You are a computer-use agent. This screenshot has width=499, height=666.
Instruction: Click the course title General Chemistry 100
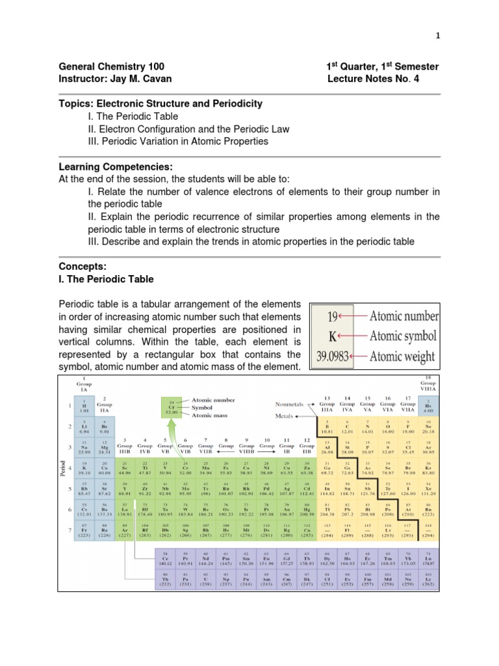point(112,67)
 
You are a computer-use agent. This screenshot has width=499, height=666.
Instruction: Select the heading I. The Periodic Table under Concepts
point(107,279)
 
